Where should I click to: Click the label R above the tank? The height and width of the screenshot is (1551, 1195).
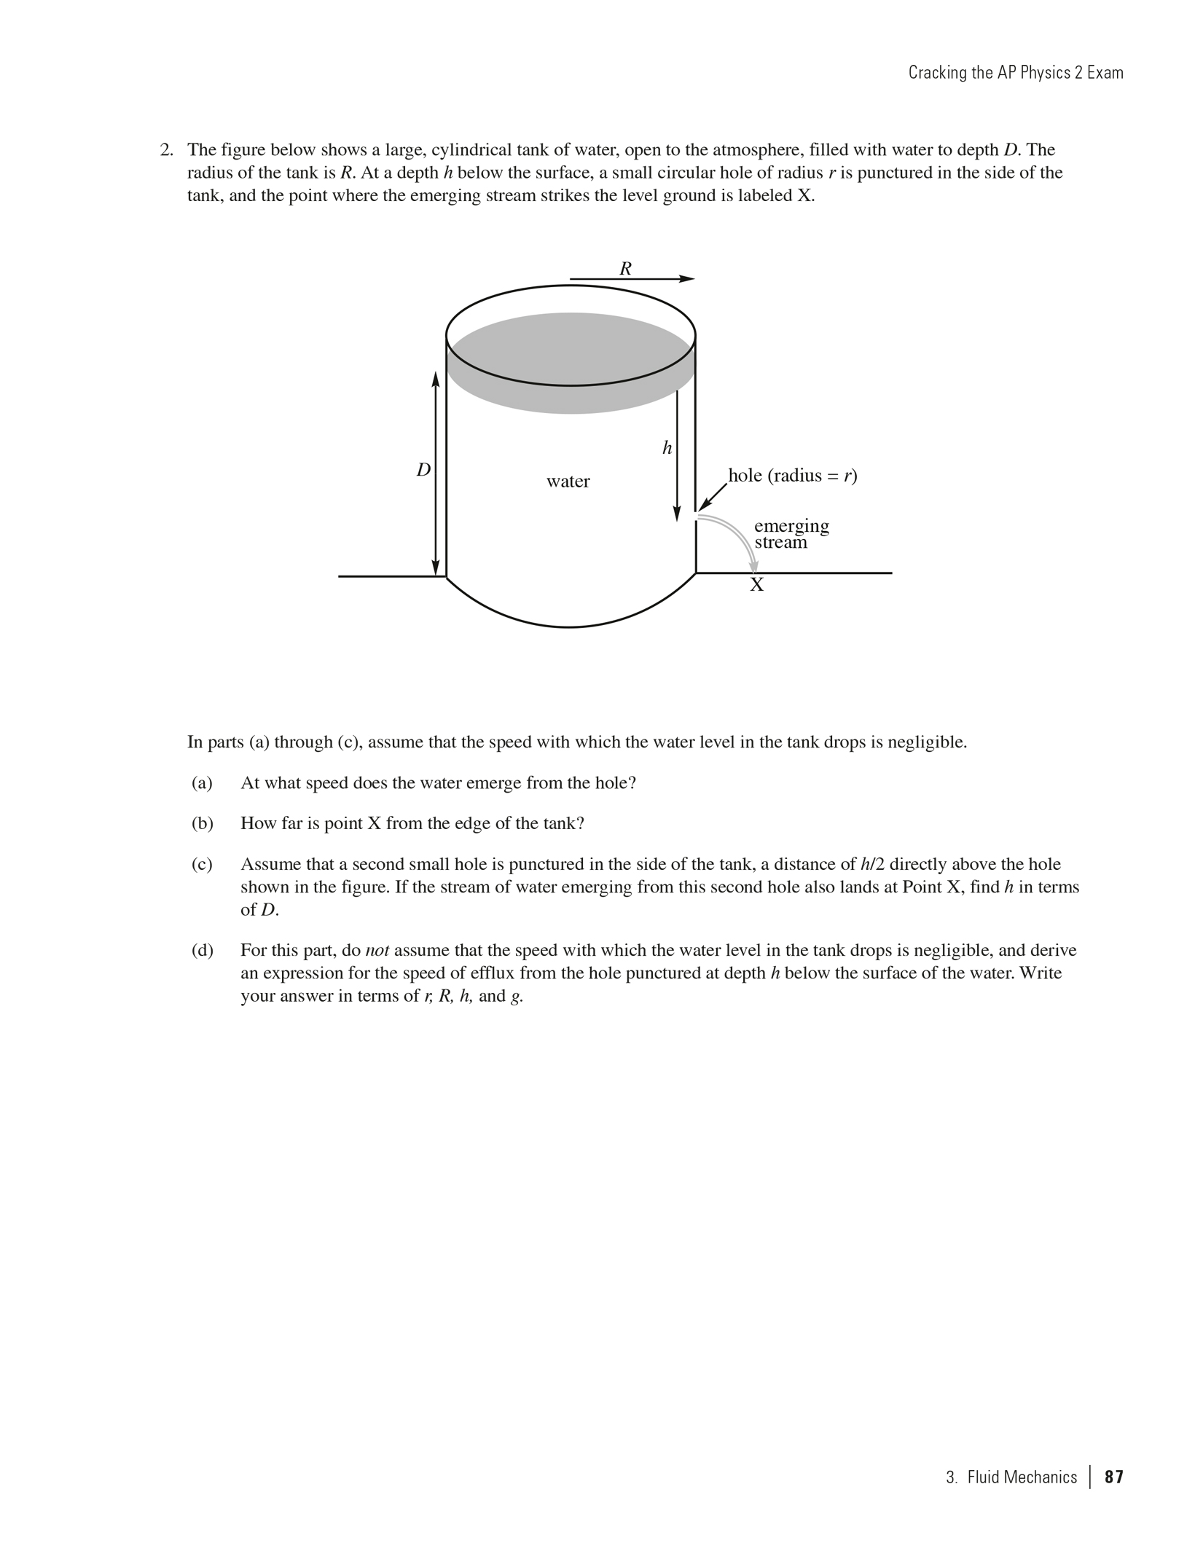pos(625,269)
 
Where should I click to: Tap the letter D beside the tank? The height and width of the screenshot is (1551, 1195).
pos(423,471)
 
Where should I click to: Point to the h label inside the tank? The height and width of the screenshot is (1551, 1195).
pos(667,448)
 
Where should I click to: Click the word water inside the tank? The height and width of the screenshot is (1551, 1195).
pos(568,482)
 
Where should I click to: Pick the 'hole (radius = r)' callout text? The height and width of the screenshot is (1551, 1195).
pos(793,476)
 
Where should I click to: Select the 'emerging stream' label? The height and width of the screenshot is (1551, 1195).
pos(791,534)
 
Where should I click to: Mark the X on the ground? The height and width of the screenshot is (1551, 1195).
pos(757,585)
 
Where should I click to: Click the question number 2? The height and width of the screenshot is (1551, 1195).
pos(167,150)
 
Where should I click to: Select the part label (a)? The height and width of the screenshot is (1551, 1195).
pos(202,783)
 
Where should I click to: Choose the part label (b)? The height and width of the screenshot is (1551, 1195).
pos(202,824)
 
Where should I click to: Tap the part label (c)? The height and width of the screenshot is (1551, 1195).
pos(202,865)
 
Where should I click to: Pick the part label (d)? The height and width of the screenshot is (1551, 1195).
pos(202,951)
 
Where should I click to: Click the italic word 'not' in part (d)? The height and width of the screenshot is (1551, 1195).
pos(377,951)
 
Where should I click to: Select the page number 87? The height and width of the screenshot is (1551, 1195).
pos(1114,1477)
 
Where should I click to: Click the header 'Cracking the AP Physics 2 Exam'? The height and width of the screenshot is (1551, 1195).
pos(1015,73)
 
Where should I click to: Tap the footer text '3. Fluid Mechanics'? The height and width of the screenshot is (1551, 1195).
pos(1011,1477)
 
